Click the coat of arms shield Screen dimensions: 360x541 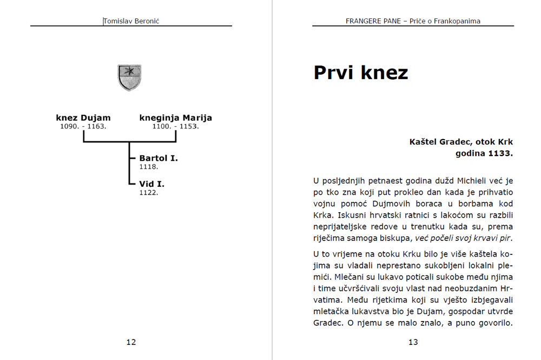click(129, 77)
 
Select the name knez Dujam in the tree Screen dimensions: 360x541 click(83, 117)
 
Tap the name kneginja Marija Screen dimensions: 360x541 click(176, 117)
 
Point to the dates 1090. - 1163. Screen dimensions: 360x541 click(83, 126)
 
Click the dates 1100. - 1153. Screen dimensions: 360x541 click(176, 126)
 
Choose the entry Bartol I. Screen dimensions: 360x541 click(159, 158)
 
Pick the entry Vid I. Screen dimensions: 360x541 click(152, 184)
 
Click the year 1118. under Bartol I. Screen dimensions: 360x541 click(149, 167)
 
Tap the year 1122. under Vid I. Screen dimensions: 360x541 click(149, 192)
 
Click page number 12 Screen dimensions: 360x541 click(131, 342)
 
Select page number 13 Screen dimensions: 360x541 click(413, 342)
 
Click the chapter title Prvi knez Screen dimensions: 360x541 click(360, 73)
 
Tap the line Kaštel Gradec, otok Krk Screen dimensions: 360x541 click(461, 142)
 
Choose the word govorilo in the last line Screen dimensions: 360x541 click(492, 324)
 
